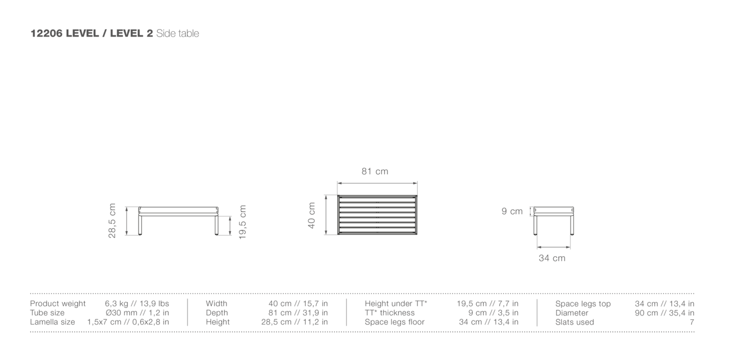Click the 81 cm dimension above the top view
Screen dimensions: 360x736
(x=375, y=172)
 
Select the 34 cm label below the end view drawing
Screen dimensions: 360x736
(x=552, y=258)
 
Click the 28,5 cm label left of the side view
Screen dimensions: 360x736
(x=113, y=220)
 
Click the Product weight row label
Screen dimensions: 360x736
(x=58, y=304)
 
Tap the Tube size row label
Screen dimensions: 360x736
(x=47, y=313)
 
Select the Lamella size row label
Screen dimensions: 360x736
(x=53, y=322)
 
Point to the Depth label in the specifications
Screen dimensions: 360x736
(x=217, y=313)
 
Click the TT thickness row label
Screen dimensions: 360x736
(x=390, y=313)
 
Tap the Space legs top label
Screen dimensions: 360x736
(x=583, y=304)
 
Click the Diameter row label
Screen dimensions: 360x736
(x=571, y=313)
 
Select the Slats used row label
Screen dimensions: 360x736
(x=574, y=322)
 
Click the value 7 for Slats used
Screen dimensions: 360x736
(x=692, y=322)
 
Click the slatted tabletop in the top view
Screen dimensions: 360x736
(x=377, y=214)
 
